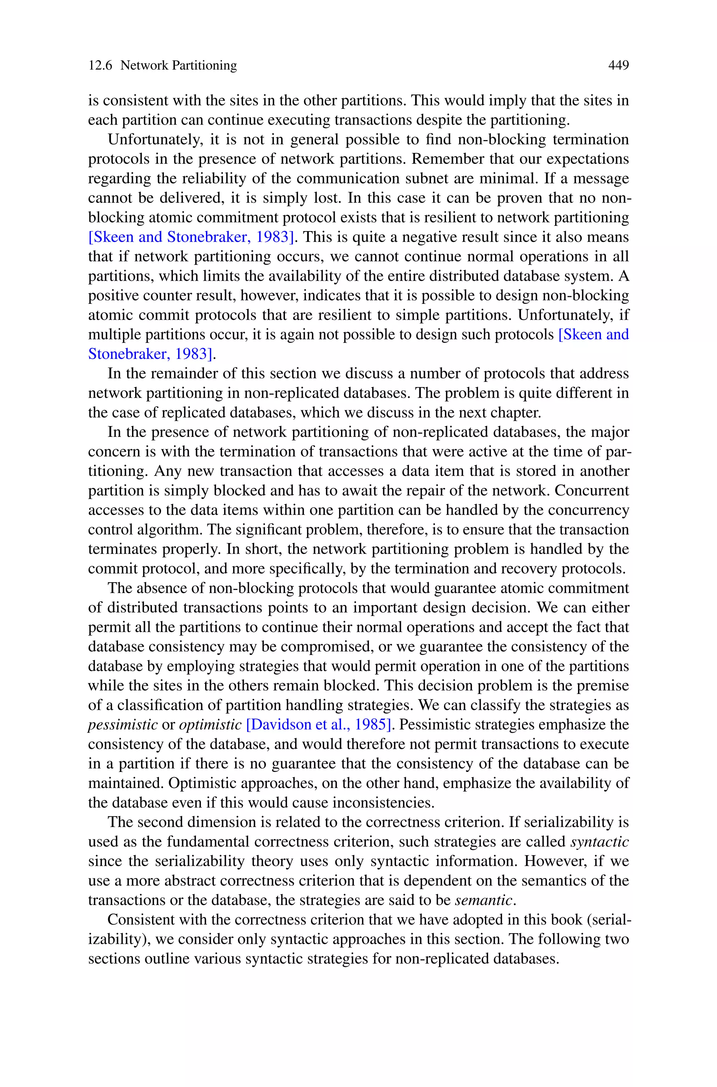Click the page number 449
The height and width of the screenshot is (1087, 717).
(618, 65)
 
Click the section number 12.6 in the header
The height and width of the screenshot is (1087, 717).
(100, 65)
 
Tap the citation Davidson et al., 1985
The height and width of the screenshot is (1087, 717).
(319, 725)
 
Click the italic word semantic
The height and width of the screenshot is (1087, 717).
(484, 900)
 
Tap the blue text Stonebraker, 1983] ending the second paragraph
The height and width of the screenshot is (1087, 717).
(151, 354)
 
